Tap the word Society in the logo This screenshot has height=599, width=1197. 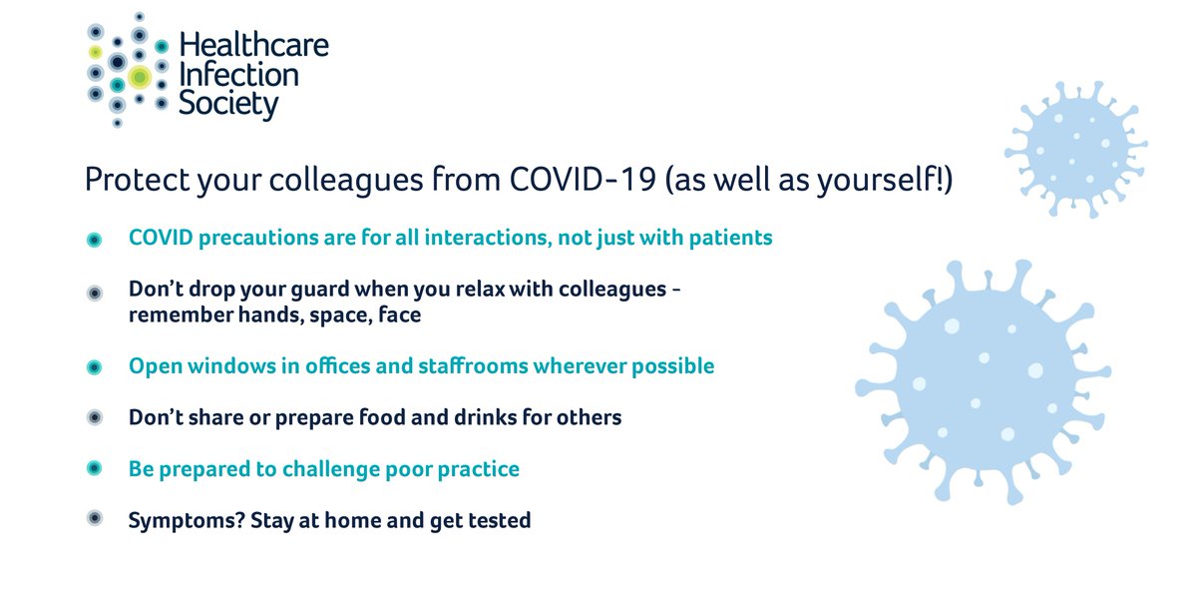(228, 103)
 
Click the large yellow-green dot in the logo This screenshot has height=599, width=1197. (139, 76)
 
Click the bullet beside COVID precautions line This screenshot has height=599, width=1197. (94, 240)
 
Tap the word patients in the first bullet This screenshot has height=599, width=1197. (736, 239)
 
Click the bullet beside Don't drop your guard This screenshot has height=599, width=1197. (94, 293)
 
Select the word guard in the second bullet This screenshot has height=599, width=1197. (345, 291)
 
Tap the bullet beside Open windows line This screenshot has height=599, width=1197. (94, 367)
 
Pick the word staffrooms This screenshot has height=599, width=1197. (477, 366)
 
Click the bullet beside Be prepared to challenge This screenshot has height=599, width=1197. (94, 468)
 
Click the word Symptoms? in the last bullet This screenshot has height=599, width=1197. (178, 520)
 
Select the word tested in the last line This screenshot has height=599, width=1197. (499, 520)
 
